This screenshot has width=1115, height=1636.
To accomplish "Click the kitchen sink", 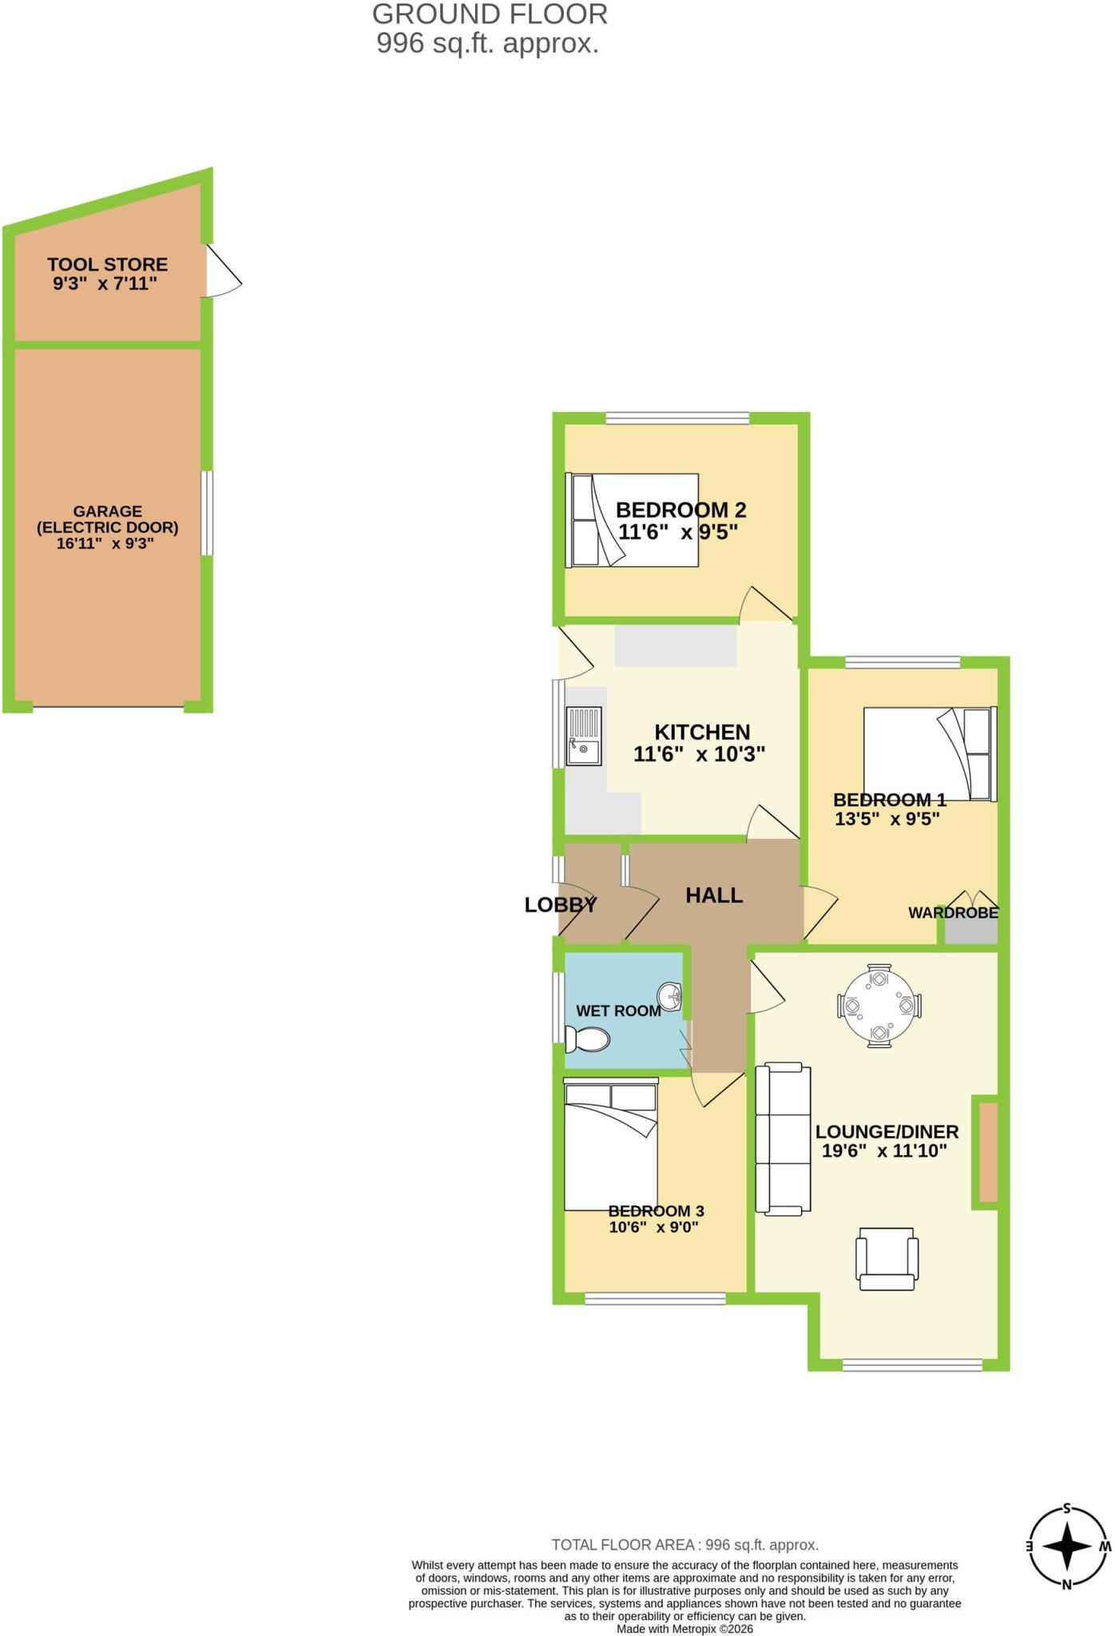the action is coord(584,736).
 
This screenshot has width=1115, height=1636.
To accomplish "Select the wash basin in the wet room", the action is coord(670,996).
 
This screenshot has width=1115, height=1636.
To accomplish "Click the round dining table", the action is coord(879,1005).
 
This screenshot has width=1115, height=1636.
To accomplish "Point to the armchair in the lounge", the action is coord(887,1258).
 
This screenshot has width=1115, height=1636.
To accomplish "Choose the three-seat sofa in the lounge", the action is coord(784,1140).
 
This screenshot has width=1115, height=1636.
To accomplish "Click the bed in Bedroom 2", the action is coord(632,520).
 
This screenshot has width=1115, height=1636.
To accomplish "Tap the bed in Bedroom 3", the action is coord(611,1144).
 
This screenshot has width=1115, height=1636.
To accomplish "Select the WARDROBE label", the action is coord(954,912).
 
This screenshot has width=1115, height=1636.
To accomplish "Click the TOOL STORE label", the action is coord(107,264).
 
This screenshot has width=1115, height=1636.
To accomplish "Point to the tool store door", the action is coord(223,271).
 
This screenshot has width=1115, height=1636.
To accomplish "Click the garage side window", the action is coord(207,512).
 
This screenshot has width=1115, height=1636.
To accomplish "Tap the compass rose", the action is coord(1068,1547).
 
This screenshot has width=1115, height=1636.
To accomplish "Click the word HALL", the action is coord(714,895).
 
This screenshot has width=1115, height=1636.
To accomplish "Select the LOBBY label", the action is coord(561,905).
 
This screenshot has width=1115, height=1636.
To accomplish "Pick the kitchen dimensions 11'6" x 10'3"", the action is coord(700,753).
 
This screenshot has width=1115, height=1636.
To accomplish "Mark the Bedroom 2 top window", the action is coord(677,417).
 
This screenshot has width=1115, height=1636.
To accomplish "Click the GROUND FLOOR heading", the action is coord(490,14).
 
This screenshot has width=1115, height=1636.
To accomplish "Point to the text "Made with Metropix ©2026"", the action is coord(684,1629).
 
